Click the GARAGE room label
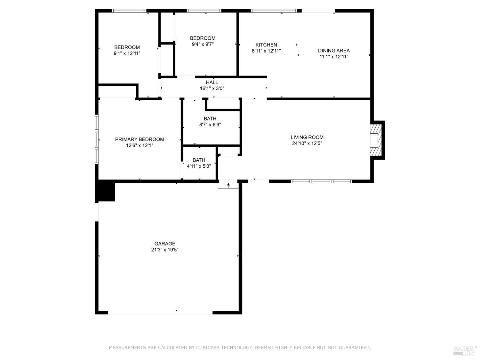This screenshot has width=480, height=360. pos(165,244)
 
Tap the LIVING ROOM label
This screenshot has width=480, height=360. pos(307,137)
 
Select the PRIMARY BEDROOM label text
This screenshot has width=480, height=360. pos(140,139)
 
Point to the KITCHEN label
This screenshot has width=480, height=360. pos(266,45)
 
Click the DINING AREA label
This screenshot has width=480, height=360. pos(334,51)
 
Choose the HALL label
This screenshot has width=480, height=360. pos(212,83)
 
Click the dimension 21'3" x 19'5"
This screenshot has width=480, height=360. pos(165,250)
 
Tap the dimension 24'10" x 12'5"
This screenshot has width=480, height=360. pos(307,143)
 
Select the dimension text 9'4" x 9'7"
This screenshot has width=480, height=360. pos(203,44)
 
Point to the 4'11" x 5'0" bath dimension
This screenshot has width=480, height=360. pos(199,166)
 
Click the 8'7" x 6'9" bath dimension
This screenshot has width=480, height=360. pos(210,124)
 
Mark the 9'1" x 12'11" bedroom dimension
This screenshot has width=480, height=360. pos(127,53)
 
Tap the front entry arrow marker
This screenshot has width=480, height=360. pos(228,185)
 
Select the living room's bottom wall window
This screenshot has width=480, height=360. pos(321,181)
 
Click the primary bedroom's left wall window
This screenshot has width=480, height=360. pos(97,140)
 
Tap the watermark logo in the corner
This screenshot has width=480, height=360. pos(465,350)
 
